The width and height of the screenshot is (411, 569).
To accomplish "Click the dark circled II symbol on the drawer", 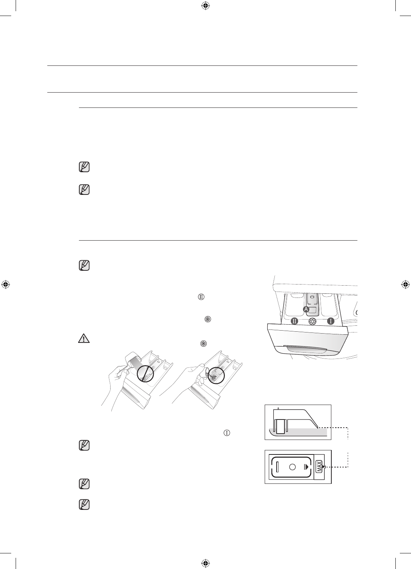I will coord(294,321).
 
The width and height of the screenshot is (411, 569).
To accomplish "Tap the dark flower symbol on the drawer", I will coord(312,322).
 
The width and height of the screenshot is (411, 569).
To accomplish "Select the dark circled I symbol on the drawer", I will coord(330,321).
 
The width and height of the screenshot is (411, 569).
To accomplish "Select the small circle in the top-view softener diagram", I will coord(292,467).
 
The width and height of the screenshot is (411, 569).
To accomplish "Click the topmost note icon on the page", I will coord(84,167).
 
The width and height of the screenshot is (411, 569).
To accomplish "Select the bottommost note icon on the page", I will coord(84,505).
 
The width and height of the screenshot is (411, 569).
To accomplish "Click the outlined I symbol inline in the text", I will coord(227,433).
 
